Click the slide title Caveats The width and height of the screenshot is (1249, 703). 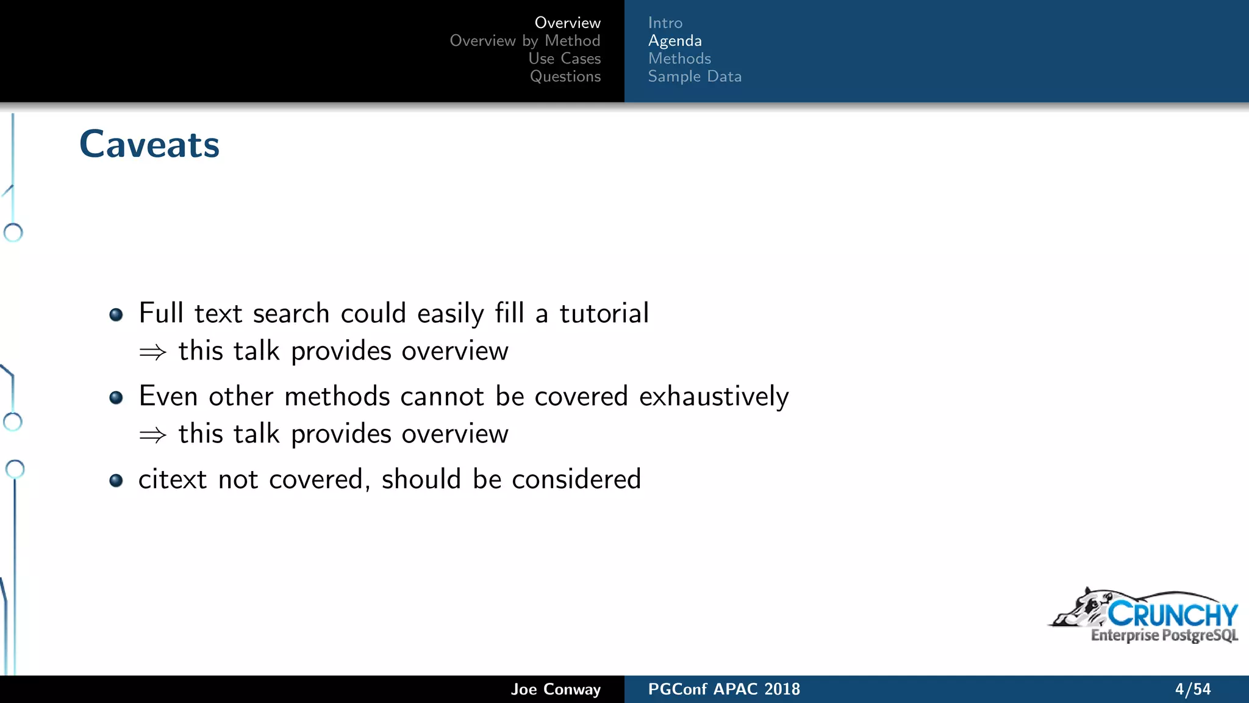click(x=149, y=145)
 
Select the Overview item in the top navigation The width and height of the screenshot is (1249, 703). click(x=567, y=23)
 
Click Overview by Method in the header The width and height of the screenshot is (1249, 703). click(x=524, y=41)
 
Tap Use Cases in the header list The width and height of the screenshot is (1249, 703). click(x=564, y=59)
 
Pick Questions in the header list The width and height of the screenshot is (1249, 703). click(x=565, y=76)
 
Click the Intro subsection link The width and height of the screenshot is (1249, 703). click(x=665, y=23)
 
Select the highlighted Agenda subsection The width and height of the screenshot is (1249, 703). click(x=675, y=41)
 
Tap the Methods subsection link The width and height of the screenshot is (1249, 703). click(x=679, y=59)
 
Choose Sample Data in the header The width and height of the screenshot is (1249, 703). click(x=695, y=76)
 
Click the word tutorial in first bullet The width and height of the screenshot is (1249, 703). click(x=604, y=313)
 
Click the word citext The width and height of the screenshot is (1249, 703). click(x=173, y=480)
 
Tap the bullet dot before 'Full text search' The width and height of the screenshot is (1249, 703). click(x=116, y=315)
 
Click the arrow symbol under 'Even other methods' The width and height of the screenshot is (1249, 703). click(x=152, y=435)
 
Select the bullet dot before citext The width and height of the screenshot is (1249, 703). click(x=116, y=481)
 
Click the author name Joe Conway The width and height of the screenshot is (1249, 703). click(x=556, y=689)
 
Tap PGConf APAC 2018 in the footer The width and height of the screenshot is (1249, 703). click(x=724, y=689)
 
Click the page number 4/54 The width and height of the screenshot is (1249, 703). click(x=1192, y=689)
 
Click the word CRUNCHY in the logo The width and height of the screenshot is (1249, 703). click(x=1172, y=614)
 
